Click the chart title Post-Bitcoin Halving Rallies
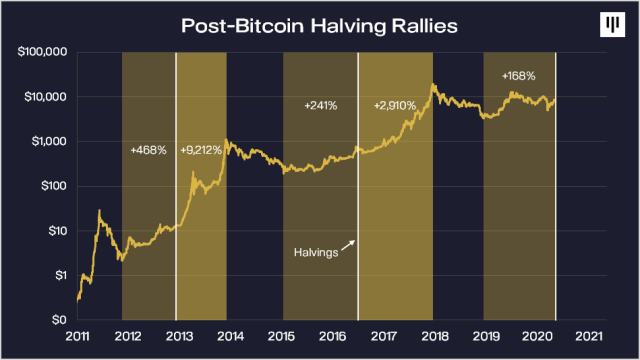point(319,25)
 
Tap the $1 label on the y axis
point(61,275)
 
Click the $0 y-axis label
point(60,320)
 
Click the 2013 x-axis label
point(178,337)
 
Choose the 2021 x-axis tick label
point(589,337)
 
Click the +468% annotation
point(147,150)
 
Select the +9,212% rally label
point(201,150)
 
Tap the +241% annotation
point(320,104)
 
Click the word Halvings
point(315,253)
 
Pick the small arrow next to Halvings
point(348,245)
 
